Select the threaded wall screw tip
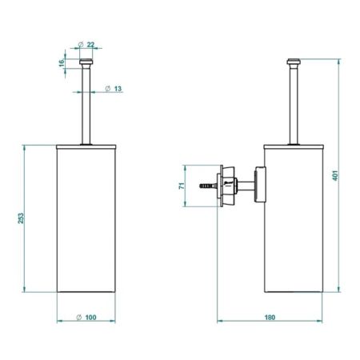[206, 186]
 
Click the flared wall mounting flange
[227, 186]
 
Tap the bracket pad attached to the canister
[259, 186]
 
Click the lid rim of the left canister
[89, 146]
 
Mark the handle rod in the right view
[294, 104]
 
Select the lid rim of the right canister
[294, 146]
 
